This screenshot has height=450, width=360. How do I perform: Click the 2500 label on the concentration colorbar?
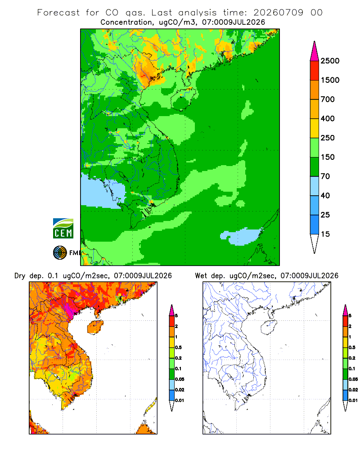[330, 61]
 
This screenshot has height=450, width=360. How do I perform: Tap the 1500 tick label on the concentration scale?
[330, 80]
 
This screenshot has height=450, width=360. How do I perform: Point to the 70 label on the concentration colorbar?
[325, 176]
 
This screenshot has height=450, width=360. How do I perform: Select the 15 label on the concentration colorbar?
[325, 234]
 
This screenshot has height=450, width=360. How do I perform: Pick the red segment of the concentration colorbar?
[315, 71]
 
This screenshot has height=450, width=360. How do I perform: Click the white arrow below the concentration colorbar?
[315, 243]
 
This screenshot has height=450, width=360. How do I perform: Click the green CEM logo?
[63, 229]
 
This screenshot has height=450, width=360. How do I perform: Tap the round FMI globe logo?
[60, 253]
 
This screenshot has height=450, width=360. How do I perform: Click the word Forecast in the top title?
[58, 13]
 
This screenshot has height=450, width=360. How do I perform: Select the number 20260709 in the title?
[278, 13]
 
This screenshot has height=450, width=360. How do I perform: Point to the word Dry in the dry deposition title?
[20, 276]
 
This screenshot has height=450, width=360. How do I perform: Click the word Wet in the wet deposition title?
[201, 276]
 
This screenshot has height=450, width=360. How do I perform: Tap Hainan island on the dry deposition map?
[95, 327]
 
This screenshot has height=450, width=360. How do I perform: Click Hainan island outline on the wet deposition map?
[268, 327]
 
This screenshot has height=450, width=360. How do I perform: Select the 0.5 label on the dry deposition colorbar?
[178, 347]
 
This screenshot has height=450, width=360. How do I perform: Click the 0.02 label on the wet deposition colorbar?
[353, 390]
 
